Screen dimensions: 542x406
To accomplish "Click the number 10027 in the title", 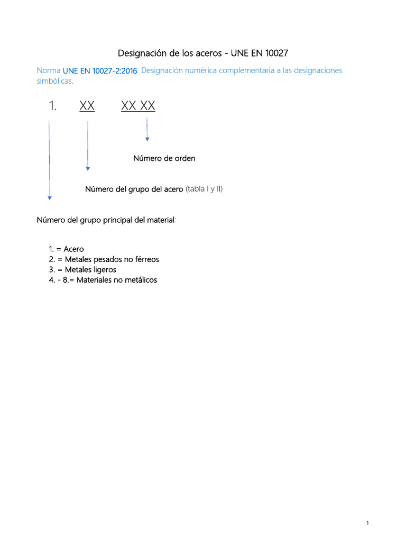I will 276,53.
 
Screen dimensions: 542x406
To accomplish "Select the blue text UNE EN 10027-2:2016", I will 100,71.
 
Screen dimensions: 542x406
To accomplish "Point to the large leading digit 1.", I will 52,106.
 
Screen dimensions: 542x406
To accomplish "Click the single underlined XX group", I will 87,106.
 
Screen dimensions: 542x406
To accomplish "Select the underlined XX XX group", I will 138,106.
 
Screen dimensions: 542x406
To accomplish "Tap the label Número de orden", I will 164,158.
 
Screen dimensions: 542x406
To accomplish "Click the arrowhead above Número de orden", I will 147,139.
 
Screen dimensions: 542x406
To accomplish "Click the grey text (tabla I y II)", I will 204,189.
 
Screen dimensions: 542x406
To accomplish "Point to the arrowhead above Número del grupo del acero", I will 88,169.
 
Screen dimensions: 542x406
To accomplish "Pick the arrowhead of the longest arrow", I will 50,198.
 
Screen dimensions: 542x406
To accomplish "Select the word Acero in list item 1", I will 73,249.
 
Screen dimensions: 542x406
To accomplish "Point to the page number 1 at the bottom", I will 367,523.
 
